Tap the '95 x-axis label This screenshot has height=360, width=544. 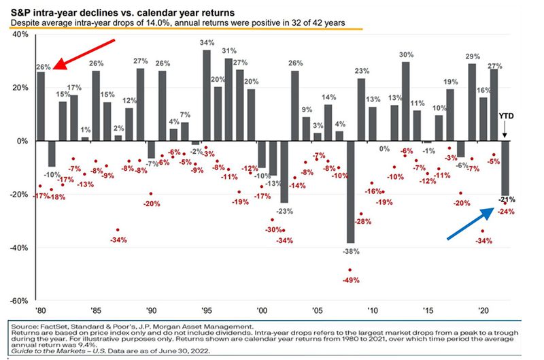(x=207, y=309)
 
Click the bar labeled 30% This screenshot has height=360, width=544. (x=406, y=101)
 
